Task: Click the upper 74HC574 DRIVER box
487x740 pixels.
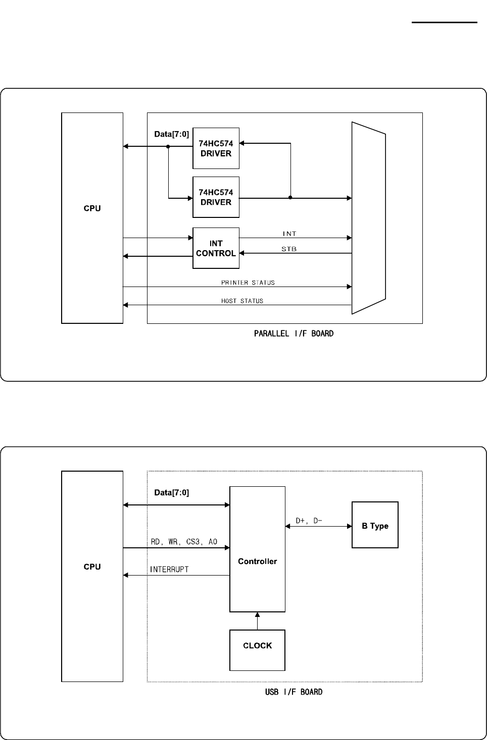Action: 216,148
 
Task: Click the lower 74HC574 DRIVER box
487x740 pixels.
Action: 216,197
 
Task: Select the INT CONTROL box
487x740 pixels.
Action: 216,249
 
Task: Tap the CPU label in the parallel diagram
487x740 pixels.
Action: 92,208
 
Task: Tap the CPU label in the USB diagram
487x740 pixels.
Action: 92,566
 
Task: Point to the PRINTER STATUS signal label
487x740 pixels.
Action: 248,282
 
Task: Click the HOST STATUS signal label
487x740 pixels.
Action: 242,301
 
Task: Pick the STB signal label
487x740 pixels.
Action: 289,249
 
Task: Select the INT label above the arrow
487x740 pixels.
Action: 289,234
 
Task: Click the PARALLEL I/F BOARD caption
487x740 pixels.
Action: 294,333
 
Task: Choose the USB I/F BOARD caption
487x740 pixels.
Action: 294,692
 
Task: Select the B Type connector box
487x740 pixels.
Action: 375,525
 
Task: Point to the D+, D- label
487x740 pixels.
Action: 309,520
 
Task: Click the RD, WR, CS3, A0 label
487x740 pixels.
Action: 184,542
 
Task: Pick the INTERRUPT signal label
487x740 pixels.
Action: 169,570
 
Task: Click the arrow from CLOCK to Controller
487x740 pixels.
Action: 258,621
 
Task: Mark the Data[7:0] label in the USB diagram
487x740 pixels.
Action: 171,492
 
